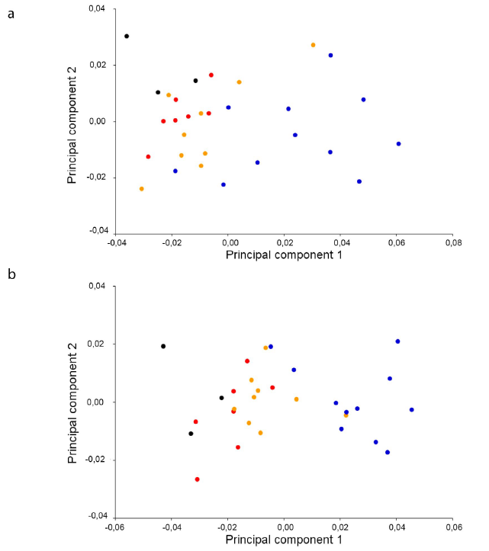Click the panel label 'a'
point(11,14)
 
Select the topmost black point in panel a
point(127,36)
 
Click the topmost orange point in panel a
point(313,45)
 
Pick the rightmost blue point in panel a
point(398,143)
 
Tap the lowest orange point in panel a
point(141,188)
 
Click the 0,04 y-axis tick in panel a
point(101,8)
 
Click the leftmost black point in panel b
point(163,346)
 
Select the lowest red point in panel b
point(197,479)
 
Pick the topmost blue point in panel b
point(397,341)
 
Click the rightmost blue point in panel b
point(411,409)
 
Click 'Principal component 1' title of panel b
point(284,540)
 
